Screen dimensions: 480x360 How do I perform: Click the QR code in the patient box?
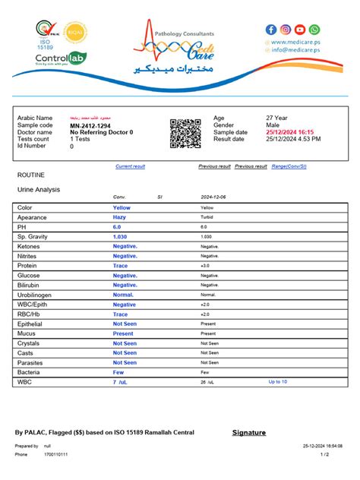coord(185,134)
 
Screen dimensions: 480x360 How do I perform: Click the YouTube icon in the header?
coord(300,29)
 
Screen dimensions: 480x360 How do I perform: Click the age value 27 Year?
coord(276,118)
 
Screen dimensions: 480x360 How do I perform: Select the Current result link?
coord(131,166)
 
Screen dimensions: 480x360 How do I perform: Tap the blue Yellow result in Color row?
coord(122,207)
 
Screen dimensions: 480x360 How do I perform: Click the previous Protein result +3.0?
coord(205,266)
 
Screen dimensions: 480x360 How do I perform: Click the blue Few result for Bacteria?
coord(118,373)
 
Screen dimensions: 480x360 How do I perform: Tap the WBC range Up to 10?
coord(278,382)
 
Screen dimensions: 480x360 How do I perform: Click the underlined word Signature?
coord(248,433)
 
